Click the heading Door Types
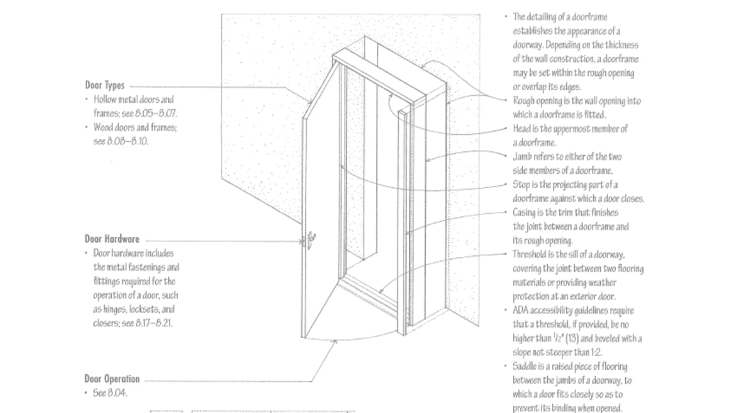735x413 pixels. pos(104,85)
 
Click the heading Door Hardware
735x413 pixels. pos(112,239)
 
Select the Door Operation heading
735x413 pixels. pos(112,379)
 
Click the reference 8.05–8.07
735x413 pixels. pos(156,114)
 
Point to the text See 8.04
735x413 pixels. pos(110,393)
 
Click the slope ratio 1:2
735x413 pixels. pos(596,352)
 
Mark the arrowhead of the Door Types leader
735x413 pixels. pos(310,103)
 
